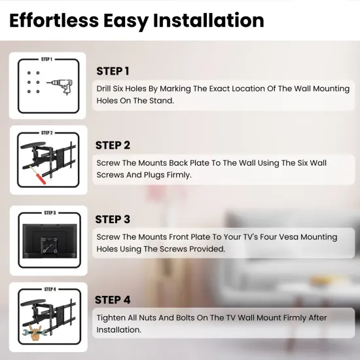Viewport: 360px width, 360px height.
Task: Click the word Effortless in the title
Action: coord(54,20)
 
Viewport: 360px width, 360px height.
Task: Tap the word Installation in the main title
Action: coord(208,20)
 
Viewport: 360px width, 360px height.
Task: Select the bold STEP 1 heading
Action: coord(113,71)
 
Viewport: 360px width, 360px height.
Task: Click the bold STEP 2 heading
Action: coord(113,145)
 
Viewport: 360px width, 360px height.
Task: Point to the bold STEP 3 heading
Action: coord(113,219)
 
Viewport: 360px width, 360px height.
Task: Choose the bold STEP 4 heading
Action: coord(113,300)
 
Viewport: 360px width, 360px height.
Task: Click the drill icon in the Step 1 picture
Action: coord(60,87)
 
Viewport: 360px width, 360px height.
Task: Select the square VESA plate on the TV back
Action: coord(49,245)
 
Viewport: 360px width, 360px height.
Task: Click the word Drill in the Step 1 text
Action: coord(103,88)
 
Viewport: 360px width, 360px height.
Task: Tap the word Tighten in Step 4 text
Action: coord(111,317)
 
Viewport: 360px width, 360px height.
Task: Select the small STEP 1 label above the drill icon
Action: coord(47,59)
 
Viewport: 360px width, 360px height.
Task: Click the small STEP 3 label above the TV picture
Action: coord(50,213)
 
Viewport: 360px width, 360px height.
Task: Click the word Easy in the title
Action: coord(126,22)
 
